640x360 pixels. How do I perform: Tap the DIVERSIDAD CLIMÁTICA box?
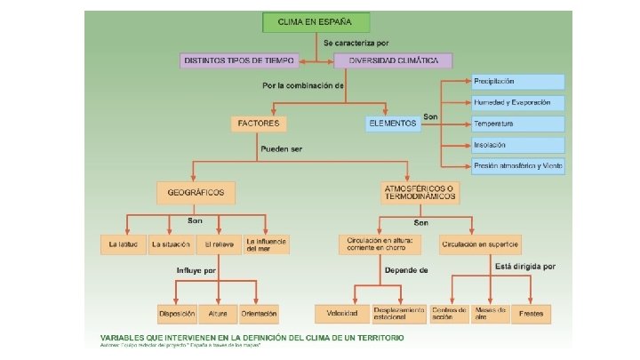pyautogui.click(x=393, y=60)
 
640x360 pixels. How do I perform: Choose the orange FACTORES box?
pyautogui.click(x=258, y=123)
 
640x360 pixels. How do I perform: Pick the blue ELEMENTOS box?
pyautogui.click(x=392, y=124)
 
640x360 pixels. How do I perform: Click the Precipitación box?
pyautogui.click(x=518, y=82)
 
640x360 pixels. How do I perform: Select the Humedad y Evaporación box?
pyautogui.click(x=518, y=102)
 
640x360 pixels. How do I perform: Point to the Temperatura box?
pyautogui.click(x=518, y=124)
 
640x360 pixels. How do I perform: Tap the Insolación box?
pyautogui.click(x=518, y=144)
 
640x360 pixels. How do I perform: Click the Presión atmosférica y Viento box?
pyautogui.click(x=518, y=165)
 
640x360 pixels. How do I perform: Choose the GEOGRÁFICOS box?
pyautogui.click(x=196, y=192)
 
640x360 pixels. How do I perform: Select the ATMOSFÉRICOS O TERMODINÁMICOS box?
pyautogui.click(x=420, y=193)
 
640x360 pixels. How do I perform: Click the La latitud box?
pyautogui.click(x=123, y=244)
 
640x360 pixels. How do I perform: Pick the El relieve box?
pyautogui.click(x=220, y=244)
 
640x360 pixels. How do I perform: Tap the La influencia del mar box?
pyautogui.click(x=267, y=244)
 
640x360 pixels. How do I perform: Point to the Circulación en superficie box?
pyautogui.click(x=479, y=244)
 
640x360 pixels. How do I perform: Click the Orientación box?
pyautogui.click(x=258, y=314)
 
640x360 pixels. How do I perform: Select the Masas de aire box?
pyautogui.click(x=490, y=314)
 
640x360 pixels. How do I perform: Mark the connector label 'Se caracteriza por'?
pyautogui.click(x=356, y=43)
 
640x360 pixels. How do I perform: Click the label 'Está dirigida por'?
pyautogui.click(x=524, y=266)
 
